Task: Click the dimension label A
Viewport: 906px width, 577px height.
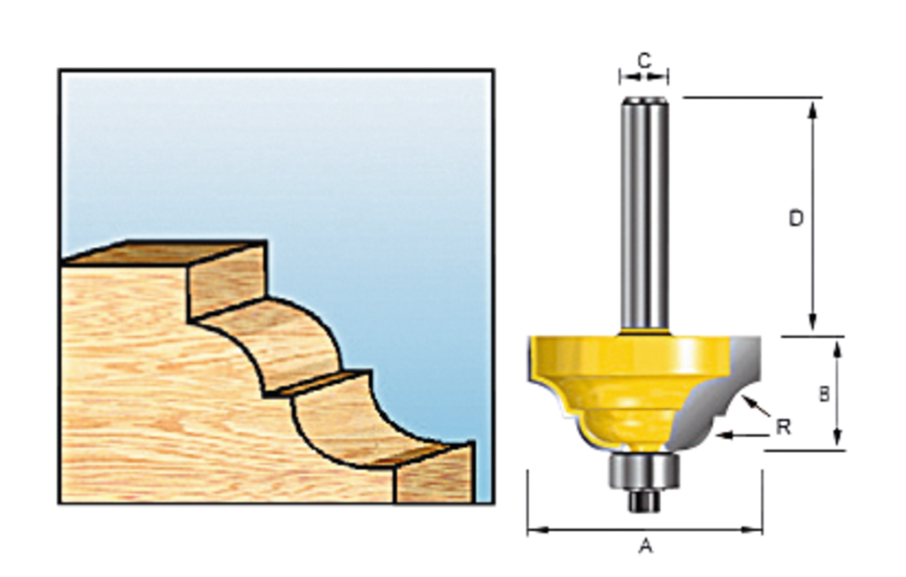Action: click(x=645, y=547)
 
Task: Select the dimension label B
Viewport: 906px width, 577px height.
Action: click(x=824, y=394)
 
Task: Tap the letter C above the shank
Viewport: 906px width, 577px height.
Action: click(x=644, y=60)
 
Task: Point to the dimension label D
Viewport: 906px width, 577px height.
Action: click(x=796, y=218)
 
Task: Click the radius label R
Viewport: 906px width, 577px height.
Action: click(x=783, y=427)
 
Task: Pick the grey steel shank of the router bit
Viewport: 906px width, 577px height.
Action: click(x=643, y=212)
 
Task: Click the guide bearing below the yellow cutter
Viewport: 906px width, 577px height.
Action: click(x=644, y=471)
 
